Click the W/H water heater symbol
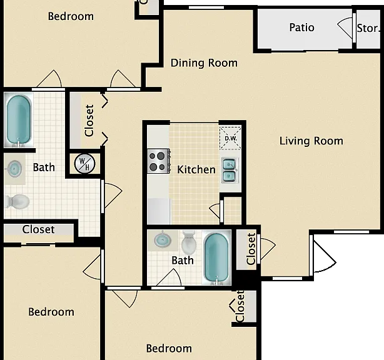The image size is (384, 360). [x=84, y=163]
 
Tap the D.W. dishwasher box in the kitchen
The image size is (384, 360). [x=230, y=138]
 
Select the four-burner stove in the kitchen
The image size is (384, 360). [x=158, y=161]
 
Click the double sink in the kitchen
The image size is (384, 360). [x=230, y=171]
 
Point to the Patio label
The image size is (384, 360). [x=301, y=27]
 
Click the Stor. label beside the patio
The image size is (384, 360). [x=368, y=28]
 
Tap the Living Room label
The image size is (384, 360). [x=311, y=141]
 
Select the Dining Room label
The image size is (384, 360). [x=204, y=63]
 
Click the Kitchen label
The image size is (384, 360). [x=196, y=169]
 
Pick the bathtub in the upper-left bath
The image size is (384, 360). [x=19, y=120]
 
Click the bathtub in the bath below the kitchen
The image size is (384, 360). [x=216, y=258]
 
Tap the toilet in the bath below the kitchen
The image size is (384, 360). [x=189, y=242]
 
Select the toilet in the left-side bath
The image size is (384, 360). [x=17, y=201]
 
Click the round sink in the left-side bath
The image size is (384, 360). [x=14, y=169]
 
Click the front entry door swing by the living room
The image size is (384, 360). [x=323, y=256]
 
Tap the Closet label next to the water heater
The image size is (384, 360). [x=89, y=121]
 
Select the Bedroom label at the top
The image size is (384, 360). [x=71, y=16]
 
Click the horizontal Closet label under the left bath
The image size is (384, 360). [x=38, y=229]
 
